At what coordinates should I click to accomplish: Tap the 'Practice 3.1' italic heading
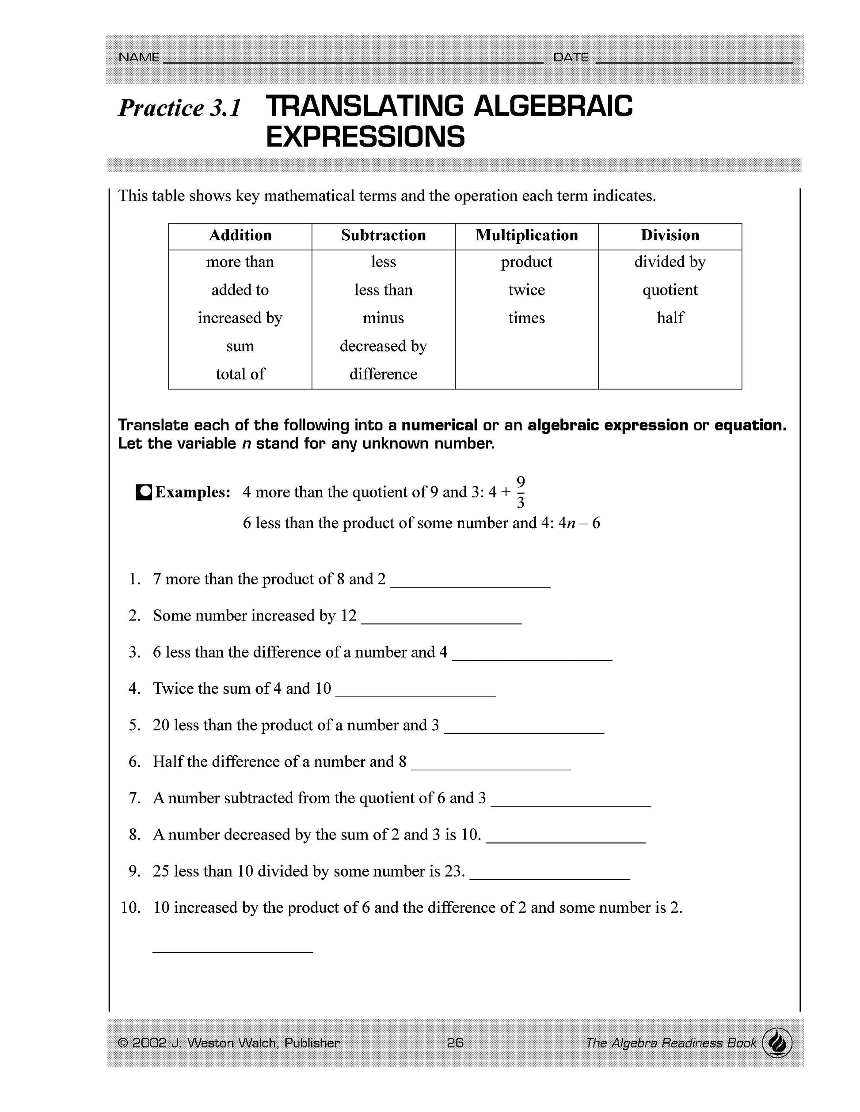(179, 108)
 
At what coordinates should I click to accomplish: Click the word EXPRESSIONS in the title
(365, 137)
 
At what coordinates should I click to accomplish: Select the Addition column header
(240, 235)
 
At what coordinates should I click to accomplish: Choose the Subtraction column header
(383, 235)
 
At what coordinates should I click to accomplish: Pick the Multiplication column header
(526, 235)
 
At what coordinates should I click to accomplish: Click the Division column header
(670, 235)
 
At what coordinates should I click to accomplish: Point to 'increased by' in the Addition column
(240, 318)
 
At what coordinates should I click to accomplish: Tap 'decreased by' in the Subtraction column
(383, 346)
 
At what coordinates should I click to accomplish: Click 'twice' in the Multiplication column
(526, 290)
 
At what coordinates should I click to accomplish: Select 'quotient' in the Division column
(670, 290)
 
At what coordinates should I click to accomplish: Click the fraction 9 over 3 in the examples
(520, 492)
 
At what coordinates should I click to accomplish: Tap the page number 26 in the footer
(455, 1043)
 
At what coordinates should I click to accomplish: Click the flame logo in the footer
(777, 1042)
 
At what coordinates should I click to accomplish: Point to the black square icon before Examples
(144, 492)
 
